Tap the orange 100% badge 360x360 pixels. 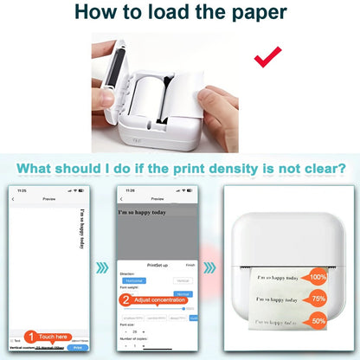[x=318, y=279]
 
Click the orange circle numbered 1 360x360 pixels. [x=29, y=337]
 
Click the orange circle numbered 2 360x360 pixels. [x=127, y=300]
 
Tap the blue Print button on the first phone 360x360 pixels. [x=77, y=348]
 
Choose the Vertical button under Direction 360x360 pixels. [x=183, y=280]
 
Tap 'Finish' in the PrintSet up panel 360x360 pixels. [x=191, y=266]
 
